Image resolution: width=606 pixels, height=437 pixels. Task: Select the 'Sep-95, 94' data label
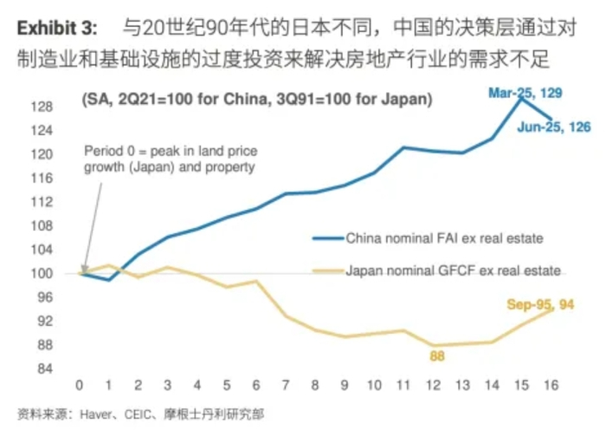(x=540, y=304)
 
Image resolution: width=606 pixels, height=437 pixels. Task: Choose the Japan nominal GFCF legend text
(x=454, y=271)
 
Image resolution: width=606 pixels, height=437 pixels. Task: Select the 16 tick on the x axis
(x=551, y=385)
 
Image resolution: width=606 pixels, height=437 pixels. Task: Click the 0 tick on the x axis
(x=80, y=385)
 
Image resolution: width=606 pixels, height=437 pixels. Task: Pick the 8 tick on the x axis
(x=315, y=385)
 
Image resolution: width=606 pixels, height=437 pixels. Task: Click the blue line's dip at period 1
(x=109, y=279)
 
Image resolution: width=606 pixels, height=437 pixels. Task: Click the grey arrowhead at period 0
(x=82, y=269)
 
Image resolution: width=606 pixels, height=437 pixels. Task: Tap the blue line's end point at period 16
(x=551, y=119)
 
